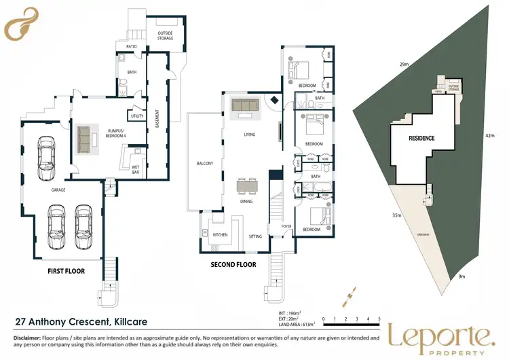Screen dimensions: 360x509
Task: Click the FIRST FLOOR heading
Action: tap(66, 270)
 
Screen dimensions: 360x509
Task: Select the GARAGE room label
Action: tap(58, 190)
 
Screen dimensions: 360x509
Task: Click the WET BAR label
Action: tap(136, 170)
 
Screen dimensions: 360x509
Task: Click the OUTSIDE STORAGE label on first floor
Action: tap(165, 35)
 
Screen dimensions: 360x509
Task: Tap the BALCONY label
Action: tap(205, 163)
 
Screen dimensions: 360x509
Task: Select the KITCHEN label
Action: tap(220, 235)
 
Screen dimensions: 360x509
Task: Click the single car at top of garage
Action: tap(45, 153)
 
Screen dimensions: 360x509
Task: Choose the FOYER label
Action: tap(286, 226)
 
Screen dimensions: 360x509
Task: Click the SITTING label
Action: tap(255, 236)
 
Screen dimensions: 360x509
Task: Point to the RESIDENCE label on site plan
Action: tap(421, 138)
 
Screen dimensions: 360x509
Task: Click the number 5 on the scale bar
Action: tap(379, 319)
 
